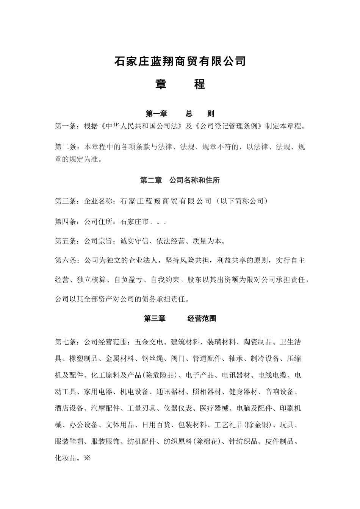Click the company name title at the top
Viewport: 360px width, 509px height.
click(x=180, y=61)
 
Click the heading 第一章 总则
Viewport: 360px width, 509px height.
click(x=180, y=114)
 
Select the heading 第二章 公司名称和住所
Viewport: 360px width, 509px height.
click(x=180, y=181)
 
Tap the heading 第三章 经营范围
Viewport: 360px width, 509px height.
click(x=180, y=319)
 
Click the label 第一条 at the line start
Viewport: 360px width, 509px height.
click(x=66, y=126)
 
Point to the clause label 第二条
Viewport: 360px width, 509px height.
click(x=66, y=147)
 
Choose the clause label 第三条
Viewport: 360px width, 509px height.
click(x=66, y=201)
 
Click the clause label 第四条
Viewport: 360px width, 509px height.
click(x=66, y=222)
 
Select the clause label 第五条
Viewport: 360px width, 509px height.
click(x=66, y=241)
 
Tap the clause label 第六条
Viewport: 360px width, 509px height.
click(x=66, y=261)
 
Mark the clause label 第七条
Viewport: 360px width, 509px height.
click(x=66, y=342)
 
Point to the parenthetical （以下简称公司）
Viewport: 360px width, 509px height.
click(x=241, y=201)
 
